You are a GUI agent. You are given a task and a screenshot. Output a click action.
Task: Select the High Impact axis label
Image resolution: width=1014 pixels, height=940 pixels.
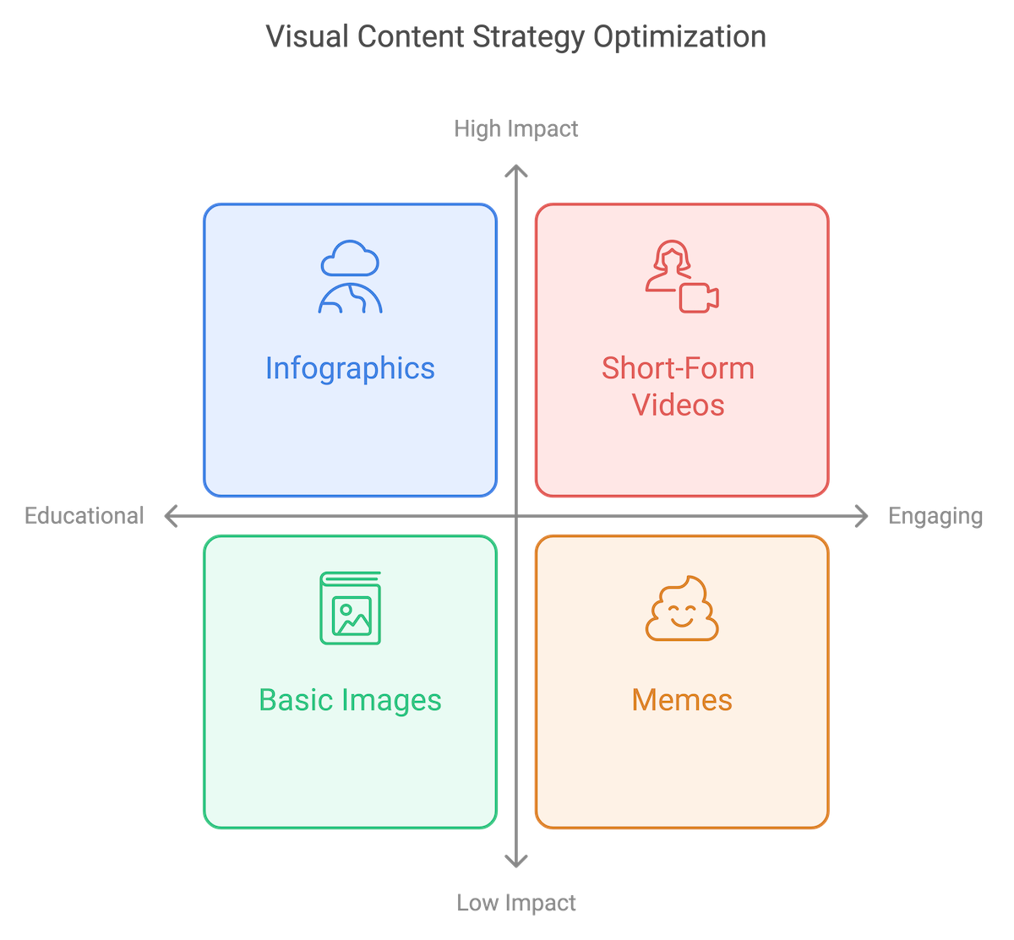(516, 128)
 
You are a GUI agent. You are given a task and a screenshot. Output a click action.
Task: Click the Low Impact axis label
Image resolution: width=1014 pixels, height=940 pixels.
(516, 903)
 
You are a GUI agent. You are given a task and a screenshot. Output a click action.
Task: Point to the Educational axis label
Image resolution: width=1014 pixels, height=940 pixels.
(84, 515)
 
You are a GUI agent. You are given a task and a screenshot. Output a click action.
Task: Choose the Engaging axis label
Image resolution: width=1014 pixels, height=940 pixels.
(935, 515)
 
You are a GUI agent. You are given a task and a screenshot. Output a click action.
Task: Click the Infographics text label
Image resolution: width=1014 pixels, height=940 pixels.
(350, 368)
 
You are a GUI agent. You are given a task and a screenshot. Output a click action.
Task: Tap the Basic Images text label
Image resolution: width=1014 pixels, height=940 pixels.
(350, 700)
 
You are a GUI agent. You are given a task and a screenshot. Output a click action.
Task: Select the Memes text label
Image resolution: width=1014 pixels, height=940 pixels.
(682, 700)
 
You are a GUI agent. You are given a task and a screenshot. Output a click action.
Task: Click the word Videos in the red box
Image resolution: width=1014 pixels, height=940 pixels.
(679, 405)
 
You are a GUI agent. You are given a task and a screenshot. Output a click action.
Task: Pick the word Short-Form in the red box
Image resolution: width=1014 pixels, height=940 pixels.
(679, 368)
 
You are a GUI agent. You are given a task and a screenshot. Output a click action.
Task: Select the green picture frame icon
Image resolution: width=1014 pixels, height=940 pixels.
(350, 609)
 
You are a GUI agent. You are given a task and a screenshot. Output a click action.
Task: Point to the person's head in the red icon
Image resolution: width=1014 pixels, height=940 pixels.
(668, 256)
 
